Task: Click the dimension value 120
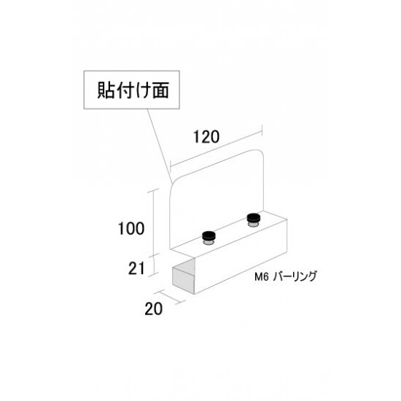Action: [x=206, y=137]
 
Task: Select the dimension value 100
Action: [x=131, y=228]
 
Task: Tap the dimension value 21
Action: [x=136, y=268]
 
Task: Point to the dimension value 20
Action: [x=153, y=308]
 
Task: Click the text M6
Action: [x=261, y=277]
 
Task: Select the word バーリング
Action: [x=295, y=277]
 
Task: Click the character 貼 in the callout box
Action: [x=106, y=90]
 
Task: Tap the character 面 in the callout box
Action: [x=161, y=90]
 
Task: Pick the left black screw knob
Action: [x=209, y=238]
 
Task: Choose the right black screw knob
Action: [x=254, y=219]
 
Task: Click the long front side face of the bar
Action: [x=241, y=257]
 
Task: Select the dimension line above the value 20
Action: [x=171, y=297]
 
